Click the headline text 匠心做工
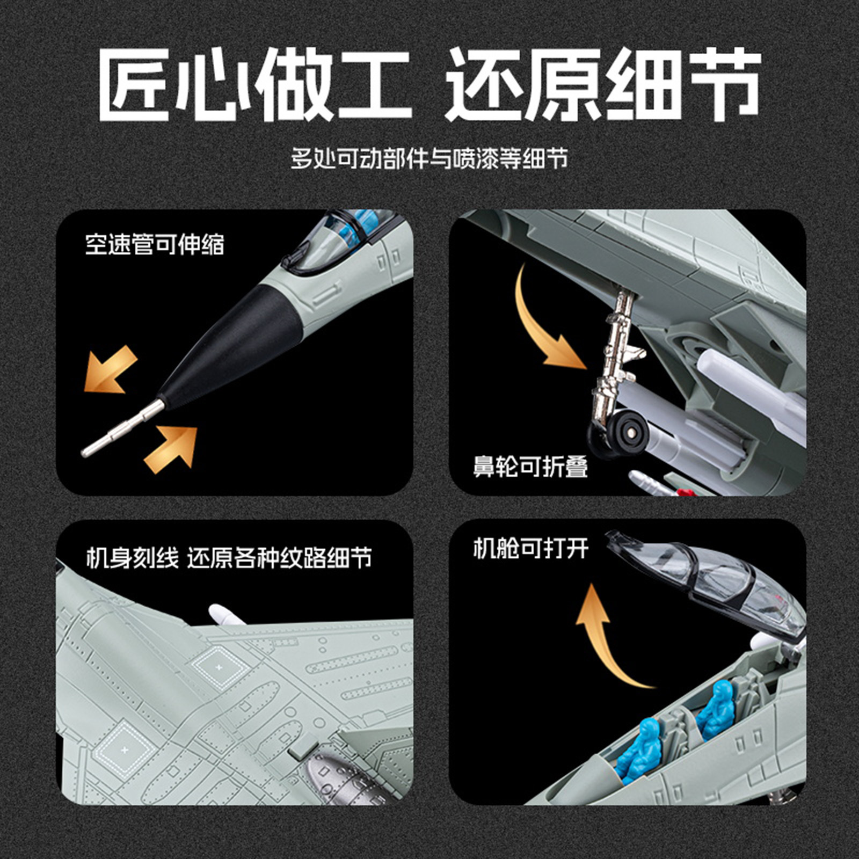254,84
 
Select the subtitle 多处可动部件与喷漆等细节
429,158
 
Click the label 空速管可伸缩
155,244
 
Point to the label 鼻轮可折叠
530,466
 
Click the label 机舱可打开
530,548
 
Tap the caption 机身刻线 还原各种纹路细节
229,557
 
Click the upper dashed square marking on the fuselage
219,667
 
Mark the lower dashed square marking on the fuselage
125,748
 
